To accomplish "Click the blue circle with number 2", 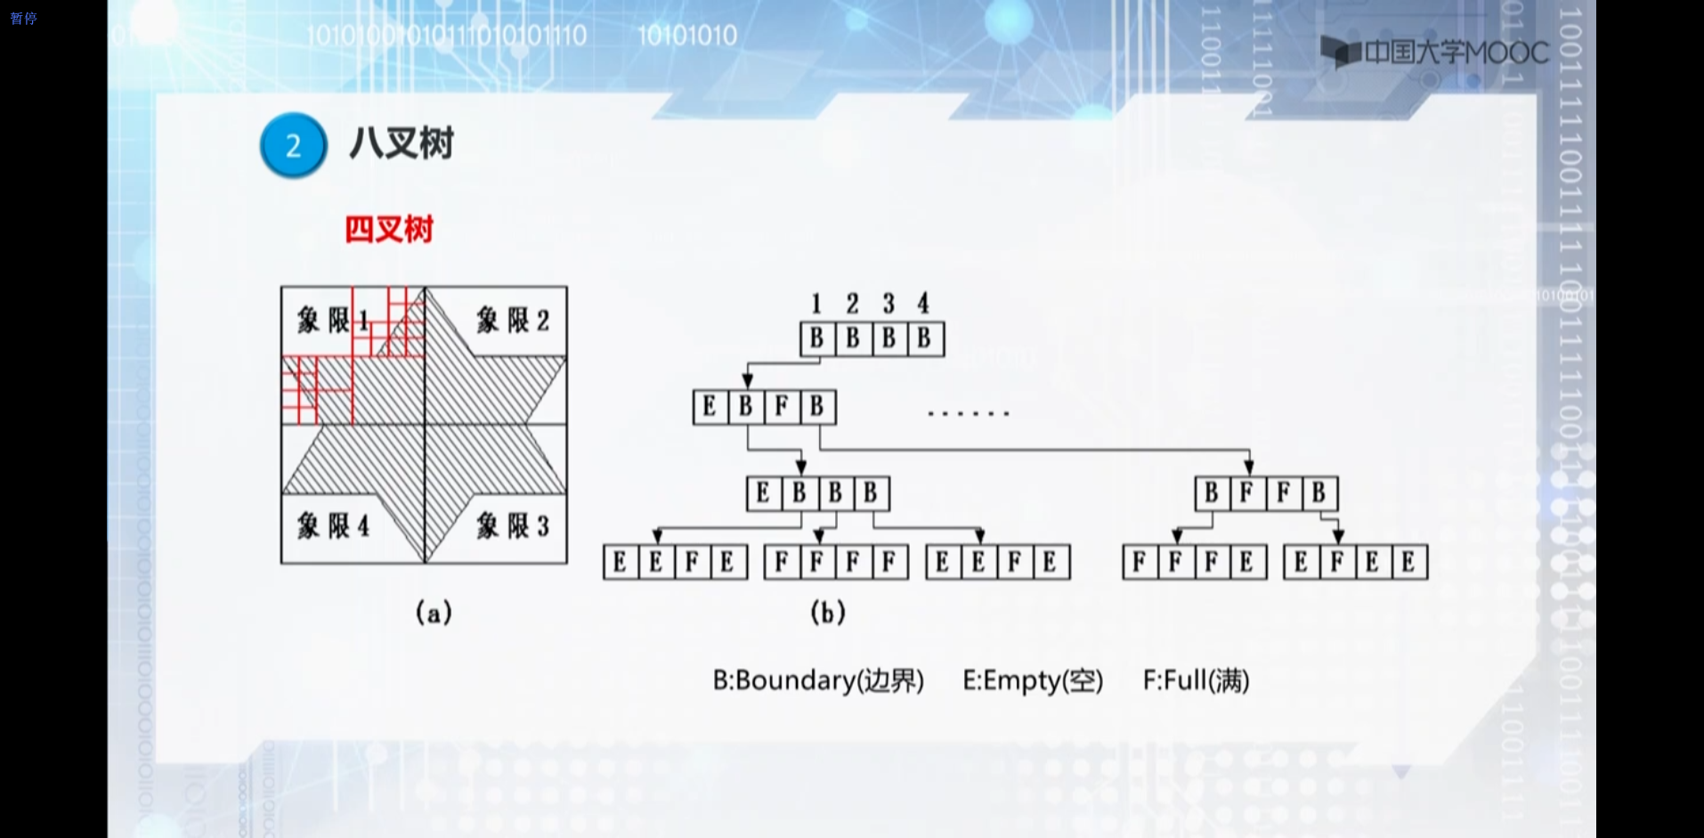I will [293, 145].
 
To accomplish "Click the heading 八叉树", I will [402, 143].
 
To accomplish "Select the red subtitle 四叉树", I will [389, 230].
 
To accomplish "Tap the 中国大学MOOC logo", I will [1435, 52].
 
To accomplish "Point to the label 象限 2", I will [513, 320].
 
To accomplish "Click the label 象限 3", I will [513, 525].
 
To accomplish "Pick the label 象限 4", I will [333, 525].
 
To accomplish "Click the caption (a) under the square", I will [434, 613].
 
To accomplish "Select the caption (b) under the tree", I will [827, 613].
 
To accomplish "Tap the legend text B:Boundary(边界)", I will [818, 680].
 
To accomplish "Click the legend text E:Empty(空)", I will [1033, 680].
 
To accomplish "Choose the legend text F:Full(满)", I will [1196, 680].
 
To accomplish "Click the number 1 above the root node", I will [815, 304].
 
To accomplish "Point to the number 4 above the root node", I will [923, 304].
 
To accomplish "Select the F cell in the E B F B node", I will [782, 407].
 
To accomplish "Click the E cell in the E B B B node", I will [763, 492].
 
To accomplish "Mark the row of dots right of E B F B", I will [969, 413].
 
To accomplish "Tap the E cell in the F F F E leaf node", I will [1246, 562].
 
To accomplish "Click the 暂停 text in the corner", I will [23, 18].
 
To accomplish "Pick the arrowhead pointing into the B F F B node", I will [1249, 467].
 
